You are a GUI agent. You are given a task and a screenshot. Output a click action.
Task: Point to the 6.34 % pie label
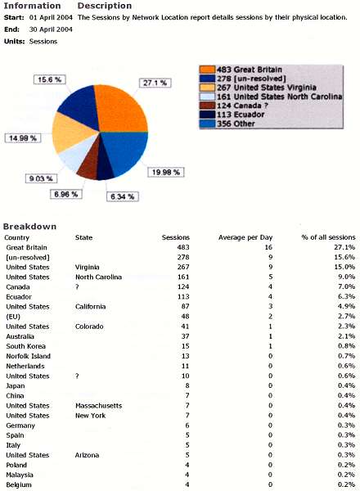pyautogui.click(x=124, y=196)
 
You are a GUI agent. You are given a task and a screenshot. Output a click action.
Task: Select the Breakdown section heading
pyautogui.click(x=29, y=226)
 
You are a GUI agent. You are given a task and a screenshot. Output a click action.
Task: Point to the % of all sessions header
pyautogui.click(x=328, y=237)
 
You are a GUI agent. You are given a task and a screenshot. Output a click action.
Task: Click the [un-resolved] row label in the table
pyautogui.click(x=29, y=257)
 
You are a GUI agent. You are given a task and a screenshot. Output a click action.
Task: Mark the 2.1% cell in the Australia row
pyautogui.click(x=347, y=336)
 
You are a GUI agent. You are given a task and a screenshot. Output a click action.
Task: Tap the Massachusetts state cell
pyautogui.click(x=99, y=406)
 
